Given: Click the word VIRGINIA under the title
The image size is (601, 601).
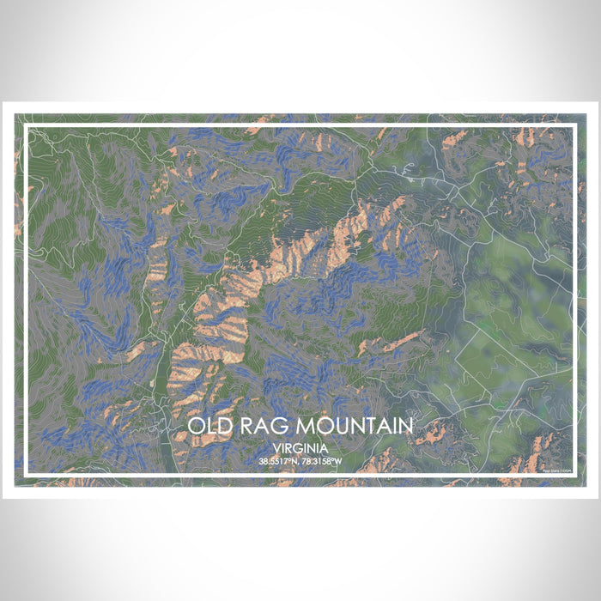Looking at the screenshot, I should (x=300, y=448).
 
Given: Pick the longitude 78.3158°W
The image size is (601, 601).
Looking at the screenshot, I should (x=322, y=461).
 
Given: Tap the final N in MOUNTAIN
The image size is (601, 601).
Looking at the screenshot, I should (x=406, y=426).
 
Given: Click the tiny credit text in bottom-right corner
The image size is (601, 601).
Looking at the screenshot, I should (x=556, y=467).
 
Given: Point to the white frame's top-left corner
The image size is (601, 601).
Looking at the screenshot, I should (x=27, y=127).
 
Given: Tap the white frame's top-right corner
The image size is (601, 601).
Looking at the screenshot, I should (x=574, y=127).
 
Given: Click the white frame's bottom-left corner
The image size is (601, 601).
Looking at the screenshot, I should (x=27, y=474).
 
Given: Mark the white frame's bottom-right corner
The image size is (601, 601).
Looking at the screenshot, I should (x=574, y=474).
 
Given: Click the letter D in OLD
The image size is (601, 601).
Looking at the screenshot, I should (x=224, y=426).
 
